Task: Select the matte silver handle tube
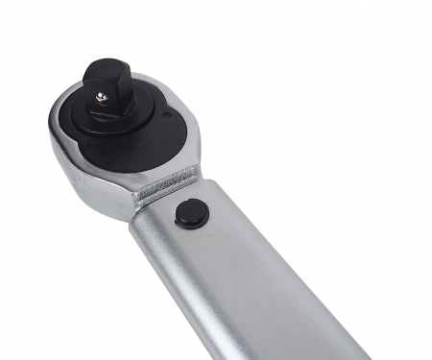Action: click(250, 278)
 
